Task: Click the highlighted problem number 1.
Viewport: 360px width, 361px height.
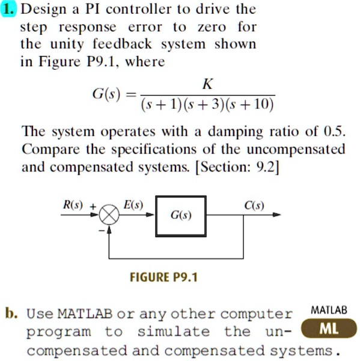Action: [9, 10]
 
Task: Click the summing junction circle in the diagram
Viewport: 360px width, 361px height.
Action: [109, 215]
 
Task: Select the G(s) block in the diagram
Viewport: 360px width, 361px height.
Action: [181, 216]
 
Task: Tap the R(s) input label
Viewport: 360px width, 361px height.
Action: [73, 205]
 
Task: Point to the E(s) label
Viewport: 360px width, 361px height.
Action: [133, 205]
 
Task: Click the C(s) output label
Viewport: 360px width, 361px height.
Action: [254, 205]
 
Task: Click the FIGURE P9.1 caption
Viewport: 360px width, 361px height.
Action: [164, 277]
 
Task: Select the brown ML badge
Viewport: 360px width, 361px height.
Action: [329, 329]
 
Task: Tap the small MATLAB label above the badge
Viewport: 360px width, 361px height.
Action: [329, 310]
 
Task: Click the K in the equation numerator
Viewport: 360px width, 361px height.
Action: [207, 84]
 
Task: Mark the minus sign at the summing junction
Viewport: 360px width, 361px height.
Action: [102, 230]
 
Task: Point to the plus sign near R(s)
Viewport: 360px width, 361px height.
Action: [93, 206]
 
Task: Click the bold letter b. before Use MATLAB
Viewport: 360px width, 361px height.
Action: [11, 313]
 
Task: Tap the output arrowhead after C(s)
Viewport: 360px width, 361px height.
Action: [276, 215]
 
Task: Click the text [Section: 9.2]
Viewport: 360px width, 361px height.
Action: [237, 167]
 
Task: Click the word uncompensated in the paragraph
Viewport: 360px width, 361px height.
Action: [296, 150]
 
